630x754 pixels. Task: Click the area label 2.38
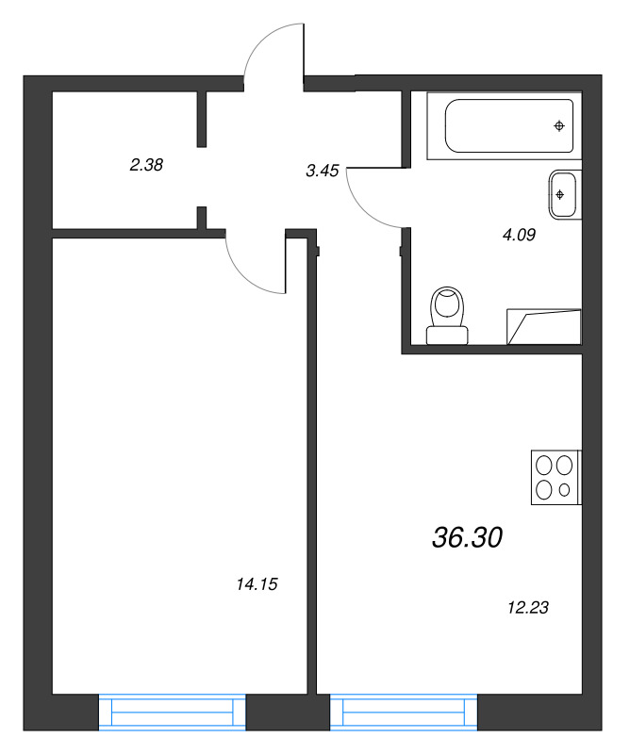147,165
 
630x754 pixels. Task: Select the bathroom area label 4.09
519,236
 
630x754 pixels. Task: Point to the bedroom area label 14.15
257,584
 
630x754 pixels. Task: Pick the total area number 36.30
468,538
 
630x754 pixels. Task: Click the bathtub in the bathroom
509,125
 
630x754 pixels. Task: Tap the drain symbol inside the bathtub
560,125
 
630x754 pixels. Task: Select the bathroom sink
562,195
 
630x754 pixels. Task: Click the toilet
447,315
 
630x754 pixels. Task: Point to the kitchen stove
554,477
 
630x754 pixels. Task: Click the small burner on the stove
564,489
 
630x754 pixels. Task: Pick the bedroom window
172,712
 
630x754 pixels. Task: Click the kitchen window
405,712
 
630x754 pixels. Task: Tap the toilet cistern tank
447,334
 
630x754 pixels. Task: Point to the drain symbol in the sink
560,195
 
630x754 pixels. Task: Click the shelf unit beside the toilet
544,325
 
